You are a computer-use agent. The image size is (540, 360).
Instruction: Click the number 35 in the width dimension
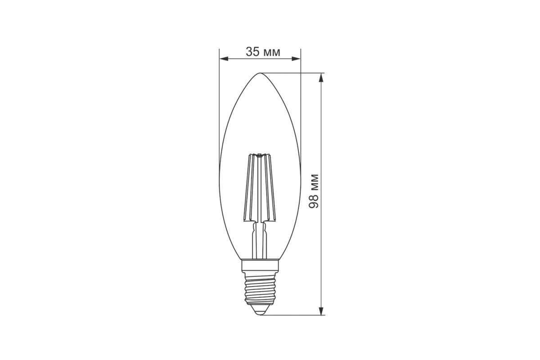(252, 52)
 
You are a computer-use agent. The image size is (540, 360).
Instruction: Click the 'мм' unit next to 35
(272, 53)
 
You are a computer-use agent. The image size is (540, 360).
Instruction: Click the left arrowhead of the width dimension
(224, 59)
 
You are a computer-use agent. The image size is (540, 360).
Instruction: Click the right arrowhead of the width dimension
(296, 59)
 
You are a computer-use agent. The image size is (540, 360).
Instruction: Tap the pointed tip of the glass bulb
(260, 73)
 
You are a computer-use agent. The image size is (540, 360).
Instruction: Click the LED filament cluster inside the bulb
(259, 188)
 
